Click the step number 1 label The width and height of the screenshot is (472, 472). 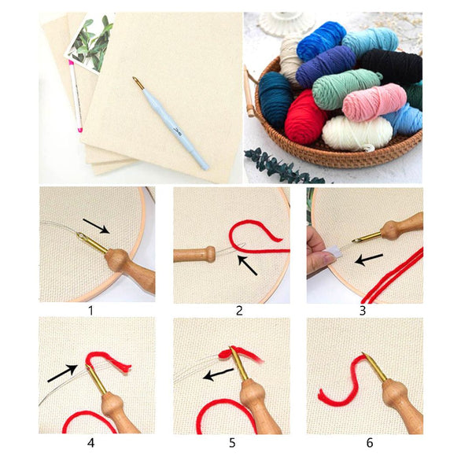[x=90, y=310]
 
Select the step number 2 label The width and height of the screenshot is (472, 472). [x=239, y=310]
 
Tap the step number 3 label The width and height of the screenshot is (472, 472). [x=363, y=310]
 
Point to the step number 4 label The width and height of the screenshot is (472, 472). [x=90, y=443]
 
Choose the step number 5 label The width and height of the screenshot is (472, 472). [x=232, y=443]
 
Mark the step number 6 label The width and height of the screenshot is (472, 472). [x=370, y=443]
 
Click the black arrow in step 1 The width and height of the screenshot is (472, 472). [x=97, y=226]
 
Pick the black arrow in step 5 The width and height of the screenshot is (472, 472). [x=219, y=374]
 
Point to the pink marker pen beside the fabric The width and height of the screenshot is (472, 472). [x=76, y=94]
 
